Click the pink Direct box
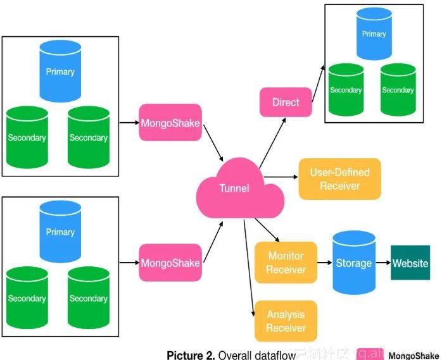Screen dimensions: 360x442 (286, 102)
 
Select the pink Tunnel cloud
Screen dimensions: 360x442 (234, 188)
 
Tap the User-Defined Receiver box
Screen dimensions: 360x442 (339, 179)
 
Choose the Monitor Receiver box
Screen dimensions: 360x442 (285, 263)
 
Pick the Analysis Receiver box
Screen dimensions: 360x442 (285, 321)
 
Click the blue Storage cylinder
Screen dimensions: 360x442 (353, 262)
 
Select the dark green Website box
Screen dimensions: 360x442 (410, 263)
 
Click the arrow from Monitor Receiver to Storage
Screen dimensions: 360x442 (324, 263)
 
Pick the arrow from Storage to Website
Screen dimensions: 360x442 (382, 263)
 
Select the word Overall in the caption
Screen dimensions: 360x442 (234, 355)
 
